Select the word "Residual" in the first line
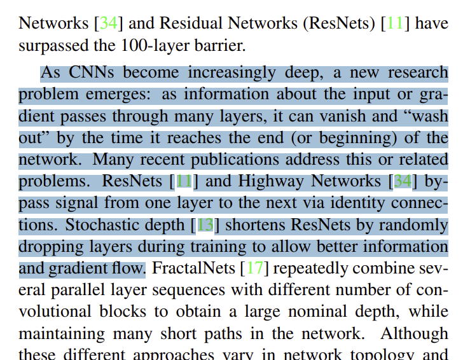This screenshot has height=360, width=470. [x=189, y=24]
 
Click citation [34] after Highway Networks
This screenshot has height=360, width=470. [x=403, y=181]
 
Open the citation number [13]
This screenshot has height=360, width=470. [x=205, y=225]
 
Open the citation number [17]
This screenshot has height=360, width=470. [x=255, y=268]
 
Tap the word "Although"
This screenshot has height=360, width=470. [x=416, y=333]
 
